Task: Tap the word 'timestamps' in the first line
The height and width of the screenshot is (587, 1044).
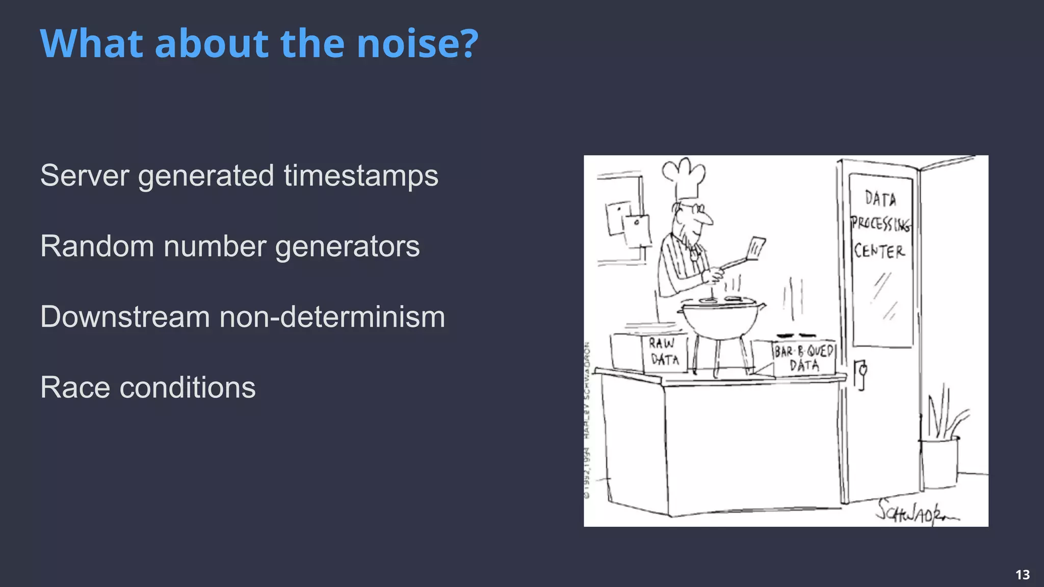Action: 361,176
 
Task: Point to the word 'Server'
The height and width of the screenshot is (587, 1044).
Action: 85,176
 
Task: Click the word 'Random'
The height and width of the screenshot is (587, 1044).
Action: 97,247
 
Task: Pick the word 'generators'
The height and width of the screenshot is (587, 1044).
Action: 347,247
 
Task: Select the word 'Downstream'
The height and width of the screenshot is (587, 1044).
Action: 125,317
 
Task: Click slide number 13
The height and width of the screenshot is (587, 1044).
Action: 1023,575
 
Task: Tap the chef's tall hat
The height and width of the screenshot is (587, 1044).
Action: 685,179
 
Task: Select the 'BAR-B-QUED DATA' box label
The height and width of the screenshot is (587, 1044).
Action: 804,358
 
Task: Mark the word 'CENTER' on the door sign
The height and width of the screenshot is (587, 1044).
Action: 879,251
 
